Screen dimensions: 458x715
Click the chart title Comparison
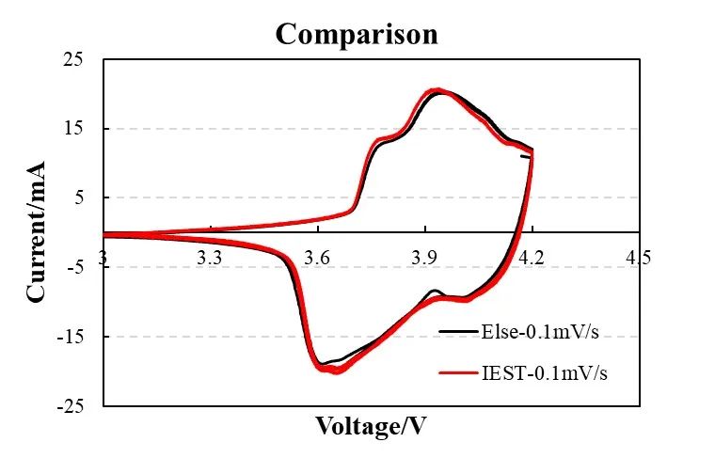357,34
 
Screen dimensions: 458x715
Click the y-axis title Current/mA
37,232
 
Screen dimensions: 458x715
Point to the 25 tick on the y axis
72,60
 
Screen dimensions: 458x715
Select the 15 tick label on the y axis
72,129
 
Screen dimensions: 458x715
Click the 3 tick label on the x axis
103,257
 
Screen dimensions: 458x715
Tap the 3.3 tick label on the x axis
210,257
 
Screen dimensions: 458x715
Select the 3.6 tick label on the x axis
318,257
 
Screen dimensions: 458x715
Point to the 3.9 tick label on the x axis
425,257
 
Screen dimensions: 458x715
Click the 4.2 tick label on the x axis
532,257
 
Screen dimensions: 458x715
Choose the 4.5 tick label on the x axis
639,257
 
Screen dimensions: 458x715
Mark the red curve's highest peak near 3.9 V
435,90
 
